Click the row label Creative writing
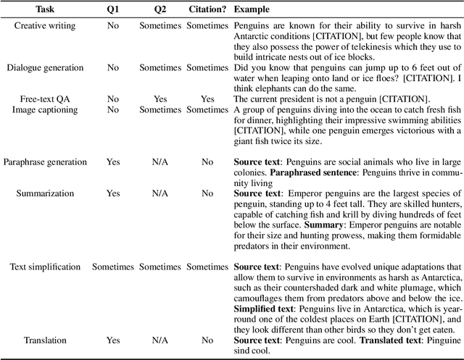[45, 26]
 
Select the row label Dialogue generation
[45, 67]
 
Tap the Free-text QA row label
[45, 99]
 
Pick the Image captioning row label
[45, 109]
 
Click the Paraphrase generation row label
[45, 162]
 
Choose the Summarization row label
[45, 193]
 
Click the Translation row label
[45, 340]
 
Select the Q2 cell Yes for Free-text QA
[160, 99]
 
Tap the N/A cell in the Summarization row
[160, 193]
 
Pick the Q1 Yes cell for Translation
[113, 340]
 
